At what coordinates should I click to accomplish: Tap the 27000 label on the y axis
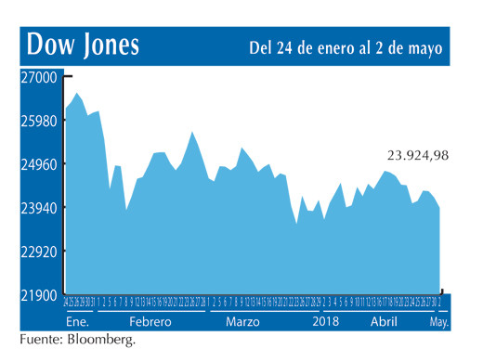click(x=38, y=78)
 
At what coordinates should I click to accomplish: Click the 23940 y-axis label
click(x=38, y=209)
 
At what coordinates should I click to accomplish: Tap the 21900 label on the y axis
click(x=38, y=295)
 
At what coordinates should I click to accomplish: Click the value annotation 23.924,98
click(x=417, y=155)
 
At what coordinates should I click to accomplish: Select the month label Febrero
click(x=149, y=321)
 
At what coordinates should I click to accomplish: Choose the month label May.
click(x=438, y=321)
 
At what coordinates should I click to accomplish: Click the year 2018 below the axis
click(x=326, y=321)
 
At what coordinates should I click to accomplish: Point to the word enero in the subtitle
click(x=342, y=45)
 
